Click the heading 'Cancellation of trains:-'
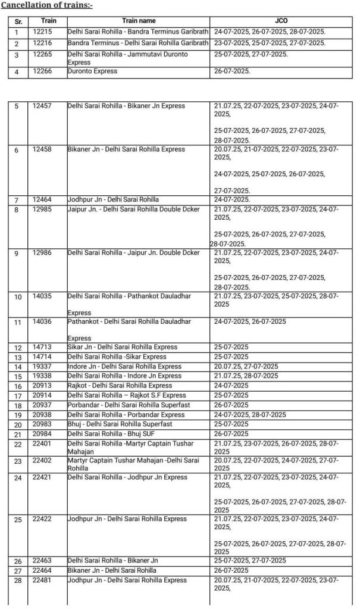(46, 5)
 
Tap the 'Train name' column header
(138, 21)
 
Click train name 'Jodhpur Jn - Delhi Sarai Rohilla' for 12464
(113, 199)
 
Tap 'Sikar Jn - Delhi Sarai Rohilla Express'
(123, 347)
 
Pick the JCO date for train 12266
(233, 71)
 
